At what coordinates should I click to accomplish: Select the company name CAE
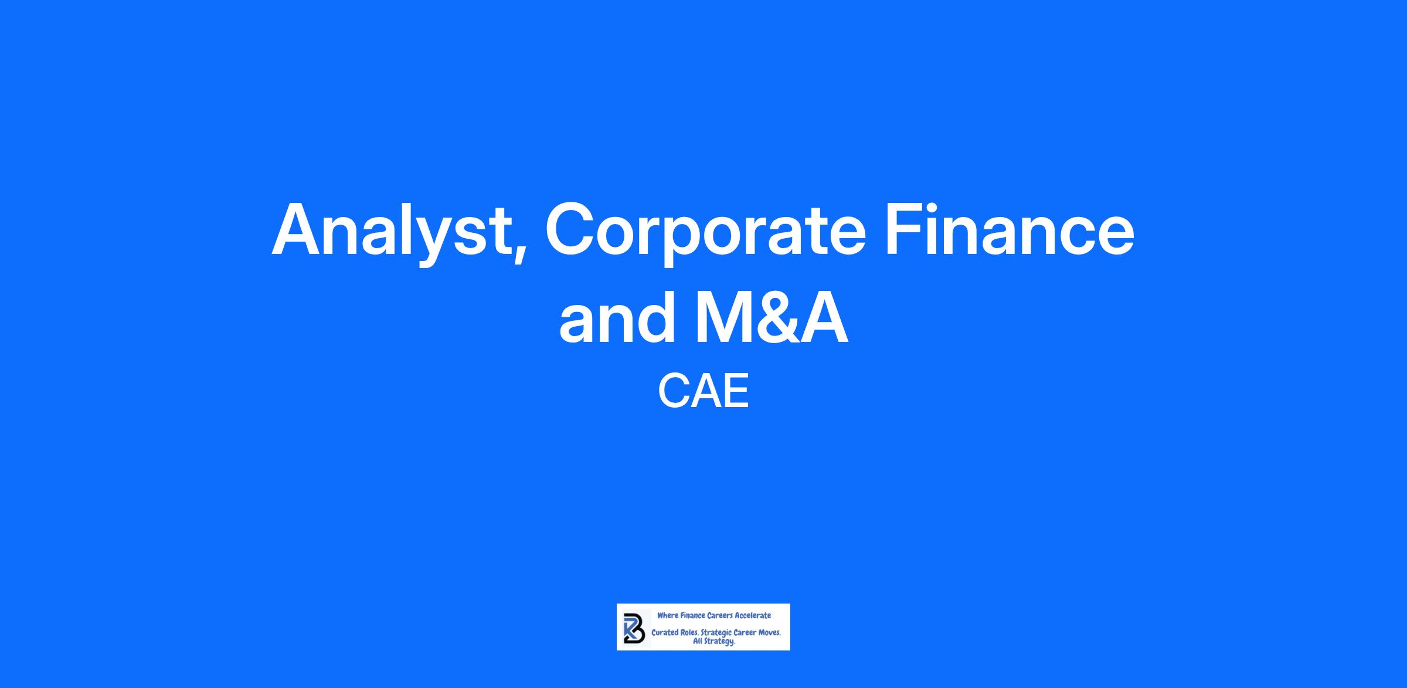(704, 392)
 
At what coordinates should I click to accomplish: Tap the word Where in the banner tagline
(668, 615)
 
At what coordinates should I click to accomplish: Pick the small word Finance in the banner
(693, 615)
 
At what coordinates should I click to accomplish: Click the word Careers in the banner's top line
(720, 615)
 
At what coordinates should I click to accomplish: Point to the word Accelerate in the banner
(753, 615)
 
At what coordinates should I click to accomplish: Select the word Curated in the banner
(664, 633)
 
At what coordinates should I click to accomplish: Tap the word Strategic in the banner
(716, 634)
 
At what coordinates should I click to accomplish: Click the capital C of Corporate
(572, 229)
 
